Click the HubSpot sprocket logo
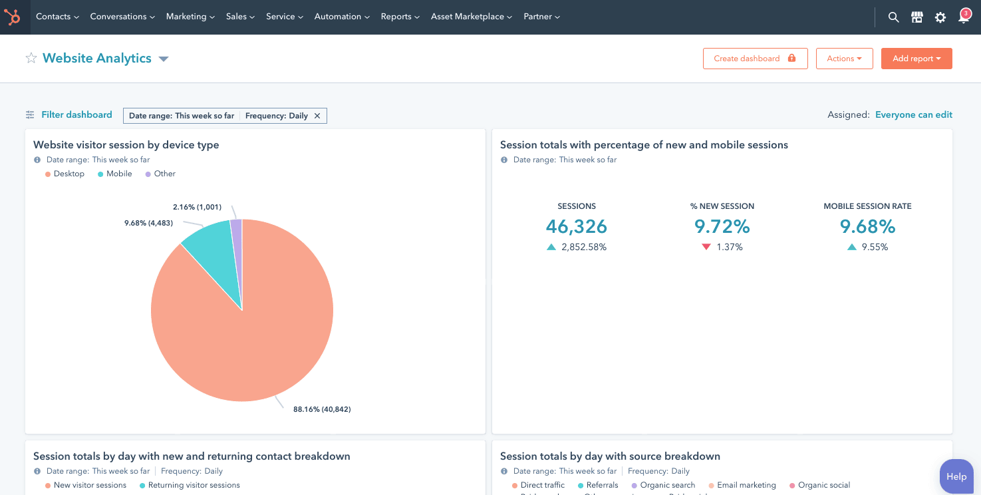[13, 17]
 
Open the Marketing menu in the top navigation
[190, 17]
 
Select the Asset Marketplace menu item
[471, 17]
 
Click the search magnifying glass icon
[893, 17]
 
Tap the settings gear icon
[940, 17]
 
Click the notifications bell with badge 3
[964, 17]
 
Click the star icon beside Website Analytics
[31, 59]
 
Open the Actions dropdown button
[844, 59]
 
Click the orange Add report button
[916, 59]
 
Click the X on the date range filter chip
[317, 116]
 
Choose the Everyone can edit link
[913, 115]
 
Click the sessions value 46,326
[576, 227]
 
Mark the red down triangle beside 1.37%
[706, 247]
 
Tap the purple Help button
[956, 476]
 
